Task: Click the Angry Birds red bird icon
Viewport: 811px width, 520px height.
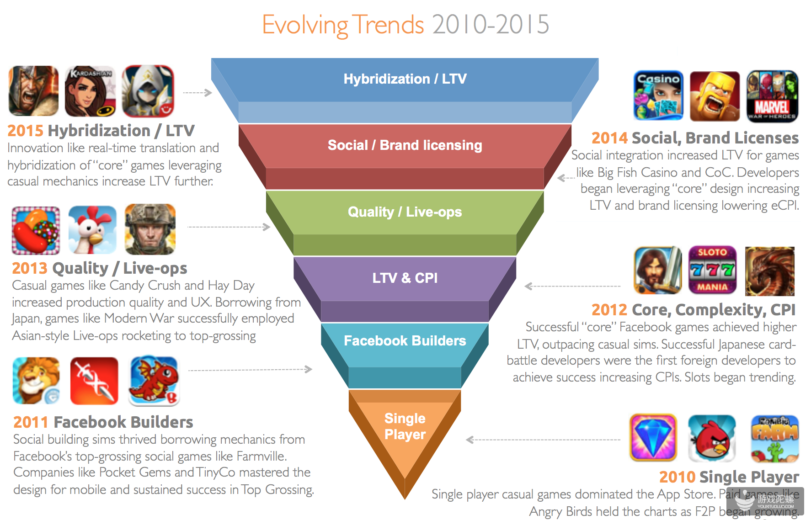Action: pyautogui.click(x=711, y=438)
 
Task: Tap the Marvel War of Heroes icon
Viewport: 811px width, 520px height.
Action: pyautogui.click(x=772, y=96)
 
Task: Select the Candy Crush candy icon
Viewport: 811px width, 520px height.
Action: pyautogui.click(x=36, y=230)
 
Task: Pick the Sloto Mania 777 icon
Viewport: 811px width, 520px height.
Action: pyautogui.click(x=712, y=270)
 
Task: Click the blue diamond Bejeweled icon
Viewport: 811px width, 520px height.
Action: pyautogui.click(x=653, y=438)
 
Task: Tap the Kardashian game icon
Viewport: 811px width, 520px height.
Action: pyautogui.click(x=90, y=91)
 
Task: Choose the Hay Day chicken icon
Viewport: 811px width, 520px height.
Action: pyautogui.click(x=92, y=229)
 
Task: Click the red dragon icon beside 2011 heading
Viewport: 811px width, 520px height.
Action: pyautogui.click(x=154, y=381)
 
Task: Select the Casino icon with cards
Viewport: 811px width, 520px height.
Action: pyautogui.click(x=658, y=96)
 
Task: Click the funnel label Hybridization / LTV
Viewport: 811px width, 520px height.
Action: pyautogui.click(x=405, y=79)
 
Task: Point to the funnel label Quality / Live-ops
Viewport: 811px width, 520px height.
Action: pyautogui.click(x=405, y=212)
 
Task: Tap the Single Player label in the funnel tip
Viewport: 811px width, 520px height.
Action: pyautogui.click(x=405, y=426)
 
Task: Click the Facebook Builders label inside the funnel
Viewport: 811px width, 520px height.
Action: pyautogui.click(x=405, y=341)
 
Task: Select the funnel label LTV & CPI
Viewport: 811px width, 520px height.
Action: pyautogui.click(x=405, y=278)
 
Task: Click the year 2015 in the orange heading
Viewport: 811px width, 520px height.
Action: pyautogui.click(x=25, y=131)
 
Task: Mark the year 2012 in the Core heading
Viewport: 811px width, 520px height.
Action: pyautogui.click(x=609, y=310)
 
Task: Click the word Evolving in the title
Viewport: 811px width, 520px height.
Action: pyautogui.click(x=304, y=25)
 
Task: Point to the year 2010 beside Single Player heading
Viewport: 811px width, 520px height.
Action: pyautogui.click(x=677, y=477)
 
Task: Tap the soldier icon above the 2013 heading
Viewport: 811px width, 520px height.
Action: pyautogui.click(x=150, y=229)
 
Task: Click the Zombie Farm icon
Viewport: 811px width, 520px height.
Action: pyautogui.click(x=774, y=438)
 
